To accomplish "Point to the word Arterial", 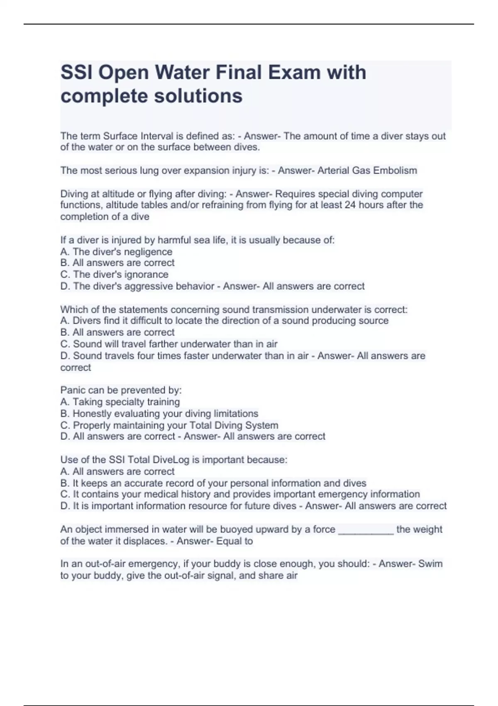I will [333, 170].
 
